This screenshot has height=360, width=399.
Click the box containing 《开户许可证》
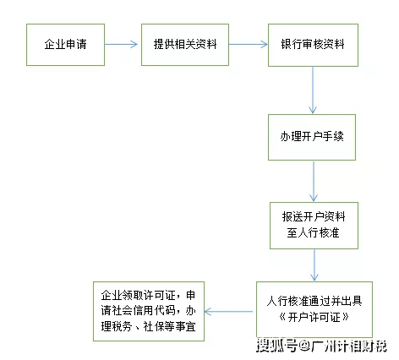[314, 309]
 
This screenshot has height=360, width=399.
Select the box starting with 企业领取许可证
[145, 310]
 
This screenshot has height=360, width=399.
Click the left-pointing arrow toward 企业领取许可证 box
[228, 311]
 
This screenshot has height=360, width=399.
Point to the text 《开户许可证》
[314, 318]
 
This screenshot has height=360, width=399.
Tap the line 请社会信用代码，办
[145, 310]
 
